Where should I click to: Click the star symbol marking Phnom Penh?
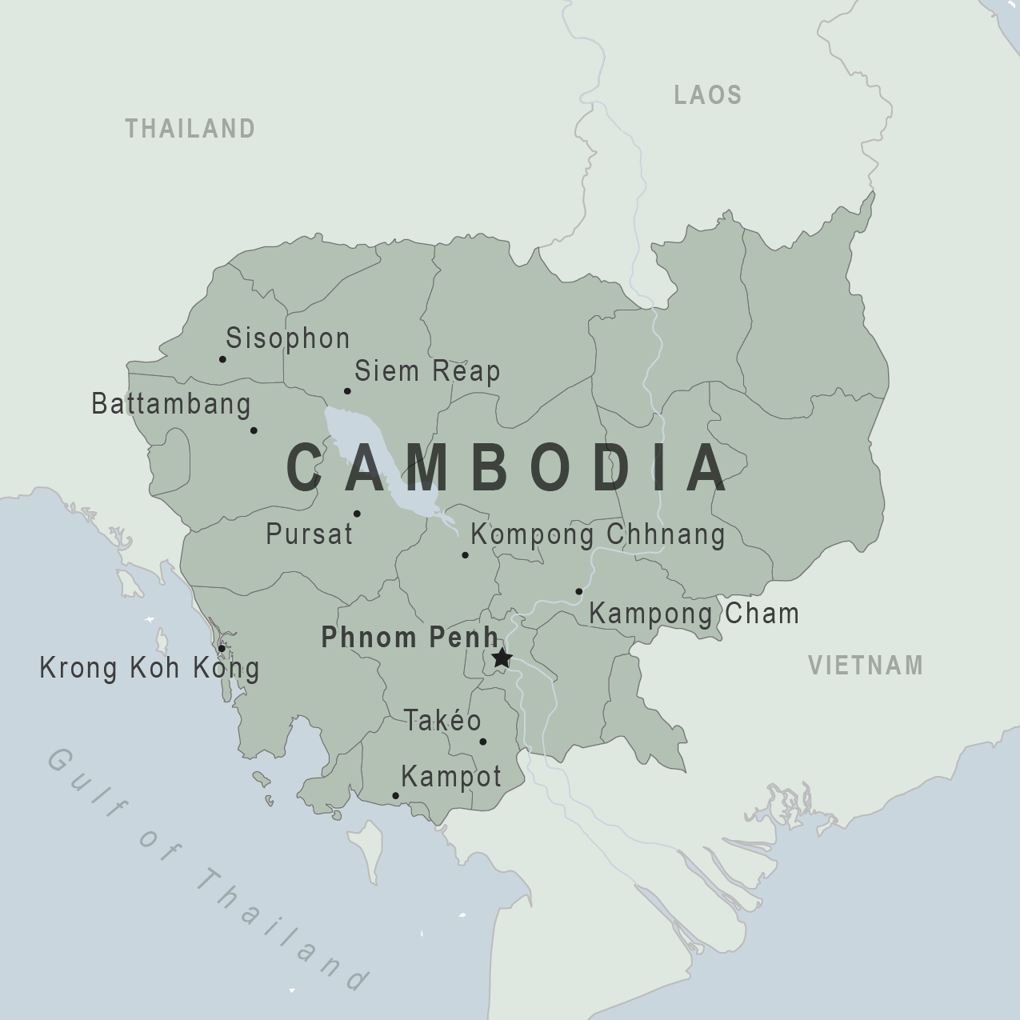502,658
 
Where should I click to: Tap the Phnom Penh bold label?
410,638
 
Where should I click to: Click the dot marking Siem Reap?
347,391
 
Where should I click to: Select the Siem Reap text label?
427,371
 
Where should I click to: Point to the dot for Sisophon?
222,359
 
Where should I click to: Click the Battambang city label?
171,403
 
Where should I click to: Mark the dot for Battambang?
254,430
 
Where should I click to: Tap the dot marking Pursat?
357,514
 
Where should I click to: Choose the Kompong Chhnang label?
598,534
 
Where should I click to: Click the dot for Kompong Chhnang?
465,555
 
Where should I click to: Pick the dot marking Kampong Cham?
579,592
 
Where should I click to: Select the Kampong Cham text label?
694,614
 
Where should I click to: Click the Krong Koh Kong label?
150,668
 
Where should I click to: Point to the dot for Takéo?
482,742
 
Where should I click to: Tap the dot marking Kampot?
395,796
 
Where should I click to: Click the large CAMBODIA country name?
508,468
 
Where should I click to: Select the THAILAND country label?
190,129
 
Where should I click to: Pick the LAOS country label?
708,95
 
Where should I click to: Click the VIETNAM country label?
866,666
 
